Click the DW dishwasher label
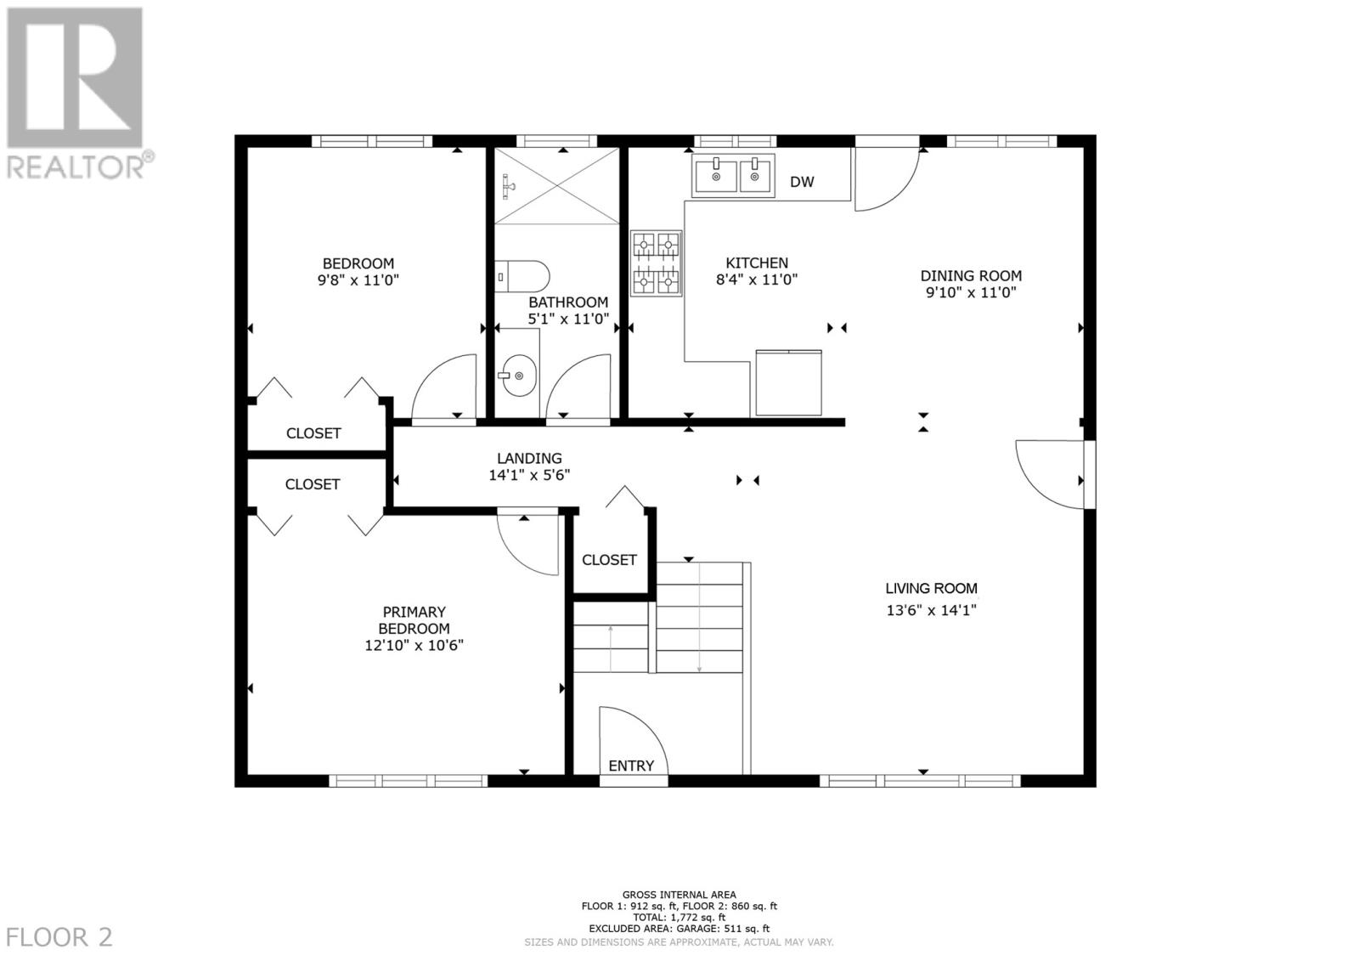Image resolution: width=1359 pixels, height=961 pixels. [802, 182]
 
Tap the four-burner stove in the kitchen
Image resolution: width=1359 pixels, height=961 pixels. [656, 263]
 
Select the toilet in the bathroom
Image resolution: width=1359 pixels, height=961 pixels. [523, 276]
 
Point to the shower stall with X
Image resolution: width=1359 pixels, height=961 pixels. [557, 186]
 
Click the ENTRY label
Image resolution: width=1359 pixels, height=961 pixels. [631, 766]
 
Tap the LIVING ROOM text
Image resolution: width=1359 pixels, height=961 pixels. [931, 588]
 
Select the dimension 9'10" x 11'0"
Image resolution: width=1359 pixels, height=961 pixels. [971, 292]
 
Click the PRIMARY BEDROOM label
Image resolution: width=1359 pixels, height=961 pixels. [414, 620]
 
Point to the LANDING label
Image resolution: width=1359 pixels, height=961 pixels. [529, 458]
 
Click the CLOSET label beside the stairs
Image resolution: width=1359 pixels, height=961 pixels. [609, 560]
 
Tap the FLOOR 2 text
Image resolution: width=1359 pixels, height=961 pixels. [57, 937]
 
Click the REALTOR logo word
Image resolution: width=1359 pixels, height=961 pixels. [75, 166]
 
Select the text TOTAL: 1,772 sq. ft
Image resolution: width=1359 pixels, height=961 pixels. [679, 918]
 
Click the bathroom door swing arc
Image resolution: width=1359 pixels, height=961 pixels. [578, 387]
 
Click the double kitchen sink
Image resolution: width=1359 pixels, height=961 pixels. [733, 175]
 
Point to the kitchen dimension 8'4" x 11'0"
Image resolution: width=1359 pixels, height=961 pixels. [756, 280]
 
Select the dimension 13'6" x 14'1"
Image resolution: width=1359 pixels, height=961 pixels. [931, 609]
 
